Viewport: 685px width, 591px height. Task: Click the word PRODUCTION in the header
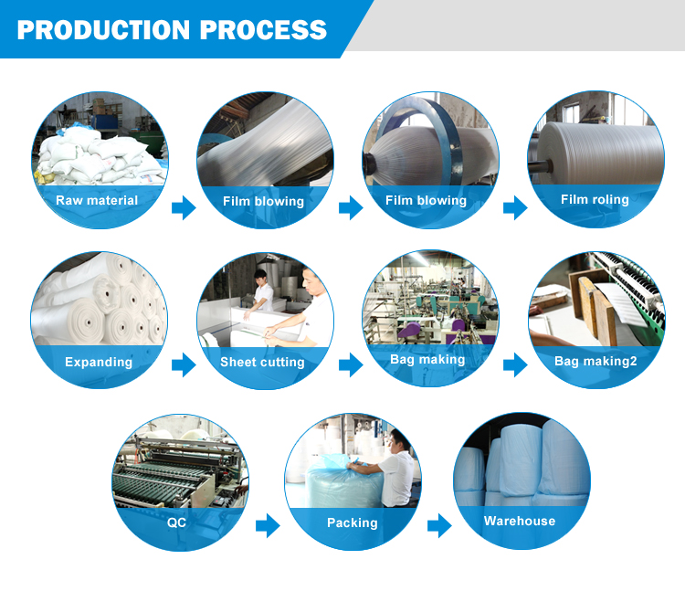[x=103, y=30]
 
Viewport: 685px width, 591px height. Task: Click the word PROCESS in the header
[x=263, y=30]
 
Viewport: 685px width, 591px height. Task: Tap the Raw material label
[x=97, y=200]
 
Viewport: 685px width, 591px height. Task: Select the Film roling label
[x=595, y=200]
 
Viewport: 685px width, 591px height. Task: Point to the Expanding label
[x=99, y=362]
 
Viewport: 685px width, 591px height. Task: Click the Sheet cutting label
[x=262, y=362]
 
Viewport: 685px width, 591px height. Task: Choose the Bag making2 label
[x=595, y=361]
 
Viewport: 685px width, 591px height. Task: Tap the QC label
[x=176, y=522]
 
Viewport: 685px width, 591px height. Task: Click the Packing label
[x=353, y=522]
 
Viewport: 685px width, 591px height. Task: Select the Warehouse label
[x=520, y=521]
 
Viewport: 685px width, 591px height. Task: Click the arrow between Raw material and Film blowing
[x=184, y=207]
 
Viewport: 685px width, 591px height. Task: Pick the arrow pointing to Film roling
[x=515, y=207]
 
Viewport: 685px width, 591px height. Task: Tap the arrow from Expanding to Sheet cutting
[x=184, y=364]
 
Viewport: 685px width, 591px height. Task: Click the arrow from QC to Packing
[x=268, y=525]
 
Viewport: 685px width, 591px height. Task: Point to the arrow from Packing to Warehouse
[x=439, y=525]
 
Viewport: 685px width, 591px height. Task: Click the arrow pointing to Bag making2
[x=515, y=364]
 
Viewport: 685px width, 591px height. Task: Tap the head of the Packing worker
[x=400, y=440]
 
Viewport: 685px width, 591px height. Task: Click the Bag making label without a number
[x=427, y=360]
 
